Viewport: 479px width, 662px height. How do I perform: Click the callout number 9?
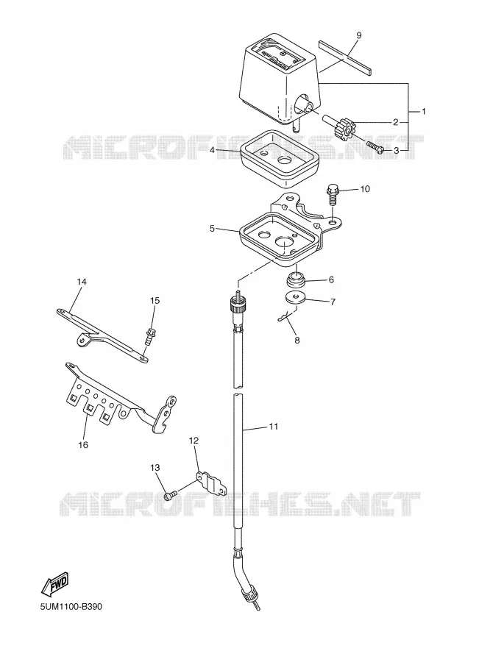(358, 35)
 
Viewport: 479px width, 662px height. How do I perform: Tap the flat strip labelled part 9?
(344, 56)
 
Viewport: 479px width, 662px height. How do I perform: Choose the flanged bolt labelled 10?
(333, 196)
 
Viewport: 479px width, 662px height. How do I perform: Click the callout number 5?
(212, 229)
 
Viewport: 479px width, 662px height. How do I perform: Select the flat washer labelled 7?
(294, 298)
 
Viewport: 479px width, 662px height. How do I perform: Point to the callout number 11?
(274, 427)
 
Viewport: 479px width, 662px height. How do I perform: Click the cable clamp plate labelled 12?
(212, 484)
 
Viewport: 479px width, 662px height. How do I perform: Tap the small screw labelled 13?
(169, 495)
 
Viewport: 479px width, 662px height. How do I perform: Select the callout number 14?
(82, 281)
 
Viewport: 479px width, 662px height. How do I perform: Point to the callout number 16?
(83, 444)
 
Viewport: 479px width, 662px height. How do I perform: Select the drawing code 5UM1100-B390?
(71, 607)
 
